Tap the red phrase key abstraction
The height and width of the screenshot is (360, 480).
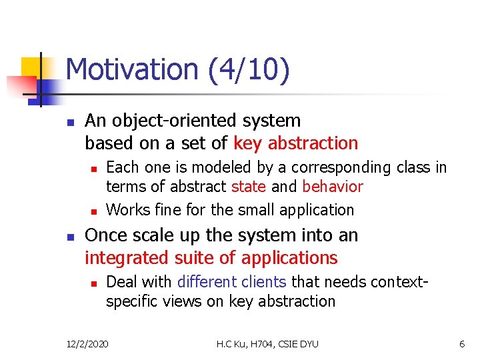(x=296, y=143)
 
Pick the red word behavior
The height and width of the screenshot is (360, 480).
(x=333, y=187)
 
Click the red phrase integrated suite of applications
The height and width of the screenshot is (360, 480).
(x=211, y=258)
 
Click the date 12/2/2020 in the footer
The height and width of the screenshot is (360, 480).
(x=88, y=344)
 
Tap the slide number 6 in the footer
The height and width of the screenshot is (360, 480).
(x=461, y=344)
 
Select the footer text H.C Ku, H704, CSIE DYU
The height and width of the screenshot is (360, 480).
(x=267, y=344)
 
